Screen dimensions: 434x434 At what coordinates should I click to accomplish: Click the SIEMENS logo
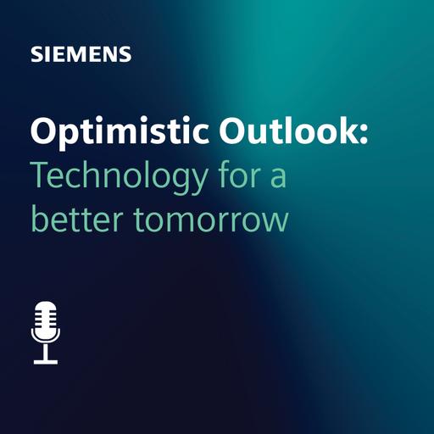coord(81,55)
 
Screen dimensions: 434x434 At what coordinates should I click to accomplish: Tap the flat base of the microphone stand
coord(46,361)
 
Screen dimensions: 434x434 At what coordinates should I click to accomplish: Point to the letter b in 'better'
coord(39,215)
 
